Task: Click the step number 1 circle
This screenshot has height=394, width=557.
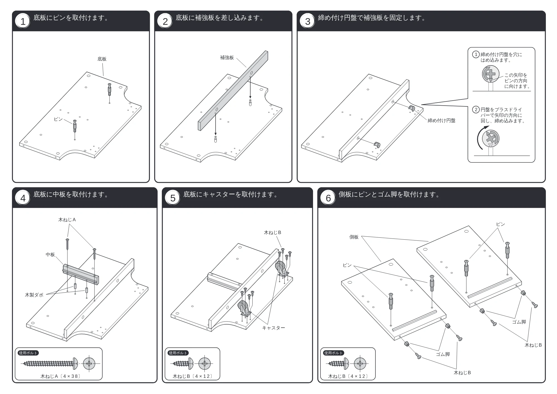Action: coord(23,21)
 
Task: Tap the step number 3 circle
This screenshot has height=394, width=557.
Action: coord(308,21)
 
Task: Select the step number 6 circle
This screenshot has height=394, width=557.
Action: coord(328,198)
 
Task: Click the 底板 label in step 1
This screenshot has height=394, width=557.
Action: coord(102,59)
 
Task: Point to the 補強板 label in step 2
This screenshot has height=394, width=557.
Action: coord(227,58)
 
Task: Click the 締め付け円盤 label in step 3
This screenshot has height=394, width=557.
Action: coord(441,121)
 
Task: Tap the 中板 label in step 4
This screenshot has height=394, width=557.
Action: coord(50,255)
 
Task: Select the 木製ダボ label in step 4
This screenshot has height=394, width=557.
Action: coord(34,295)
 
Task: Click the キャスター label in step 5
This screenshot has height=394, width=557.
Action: coord(273,328)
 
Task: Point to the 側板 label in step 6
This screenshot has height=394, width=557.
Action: coord(354,237)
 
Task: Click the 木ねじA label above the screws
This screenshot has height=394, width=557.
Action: coord(67,220)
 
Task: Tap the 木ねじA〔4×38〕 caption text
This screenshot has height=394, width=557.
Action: coord(60,376)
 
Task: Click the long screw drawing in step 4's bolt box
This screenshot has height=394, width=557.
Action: coord(50,364)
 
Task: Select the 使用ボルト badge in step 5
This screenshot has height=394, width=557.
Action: coord(178,353)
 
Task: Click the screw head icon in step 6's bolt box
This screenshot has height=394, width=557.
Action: coord(360,364)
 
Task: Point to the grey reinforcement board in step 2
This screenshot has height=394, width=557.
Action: coord(233,91)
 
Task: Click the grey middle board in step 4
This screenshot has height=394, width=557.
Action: coord(81,274)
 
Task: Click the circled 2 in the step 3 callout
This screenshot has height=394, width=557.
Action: coord(476,110)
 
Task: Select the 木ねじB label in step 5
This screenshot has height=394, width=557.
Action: coord(273,233)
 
